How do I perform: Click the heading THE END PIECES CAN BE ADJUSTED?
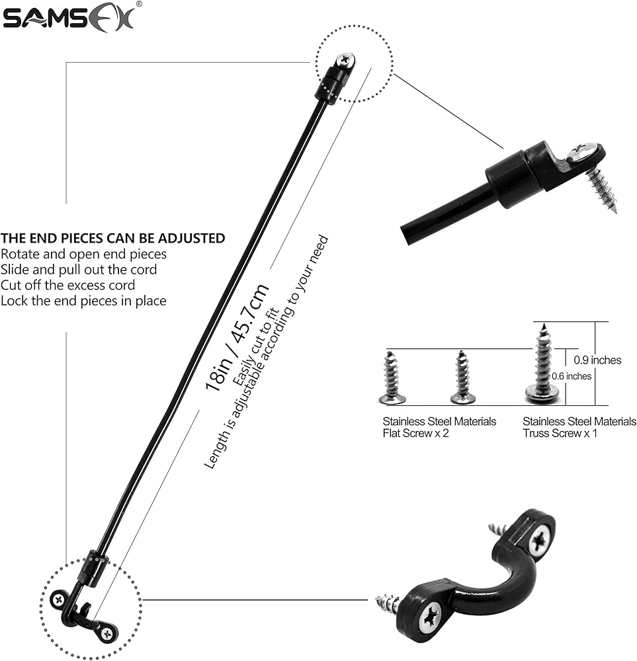[112, 238]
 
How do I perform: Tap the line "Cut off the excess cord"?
[67, 286]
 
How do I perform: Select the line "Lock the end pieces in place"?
[83, 301]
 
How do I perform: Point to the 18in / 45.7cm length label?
[237, 336]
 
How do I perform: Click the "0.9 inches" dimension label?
[597, 360]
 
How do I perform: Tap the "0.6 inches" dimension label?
[572, 376]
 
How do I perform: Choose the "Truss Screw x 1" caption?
[561, 434]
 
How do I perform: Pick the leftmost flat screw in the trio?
[392, 378]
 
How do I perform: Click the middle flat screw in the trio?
[462, 378]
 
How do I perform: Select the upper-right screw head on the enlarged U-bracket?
[540, 539]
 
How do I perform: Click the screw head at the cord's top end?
[346, 61]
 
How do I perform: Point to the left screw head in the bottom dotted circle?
[59, 600]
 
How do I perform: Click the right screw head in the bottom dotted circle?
[106, 633]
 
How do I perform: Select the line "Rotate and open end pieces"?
[83, 254]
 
